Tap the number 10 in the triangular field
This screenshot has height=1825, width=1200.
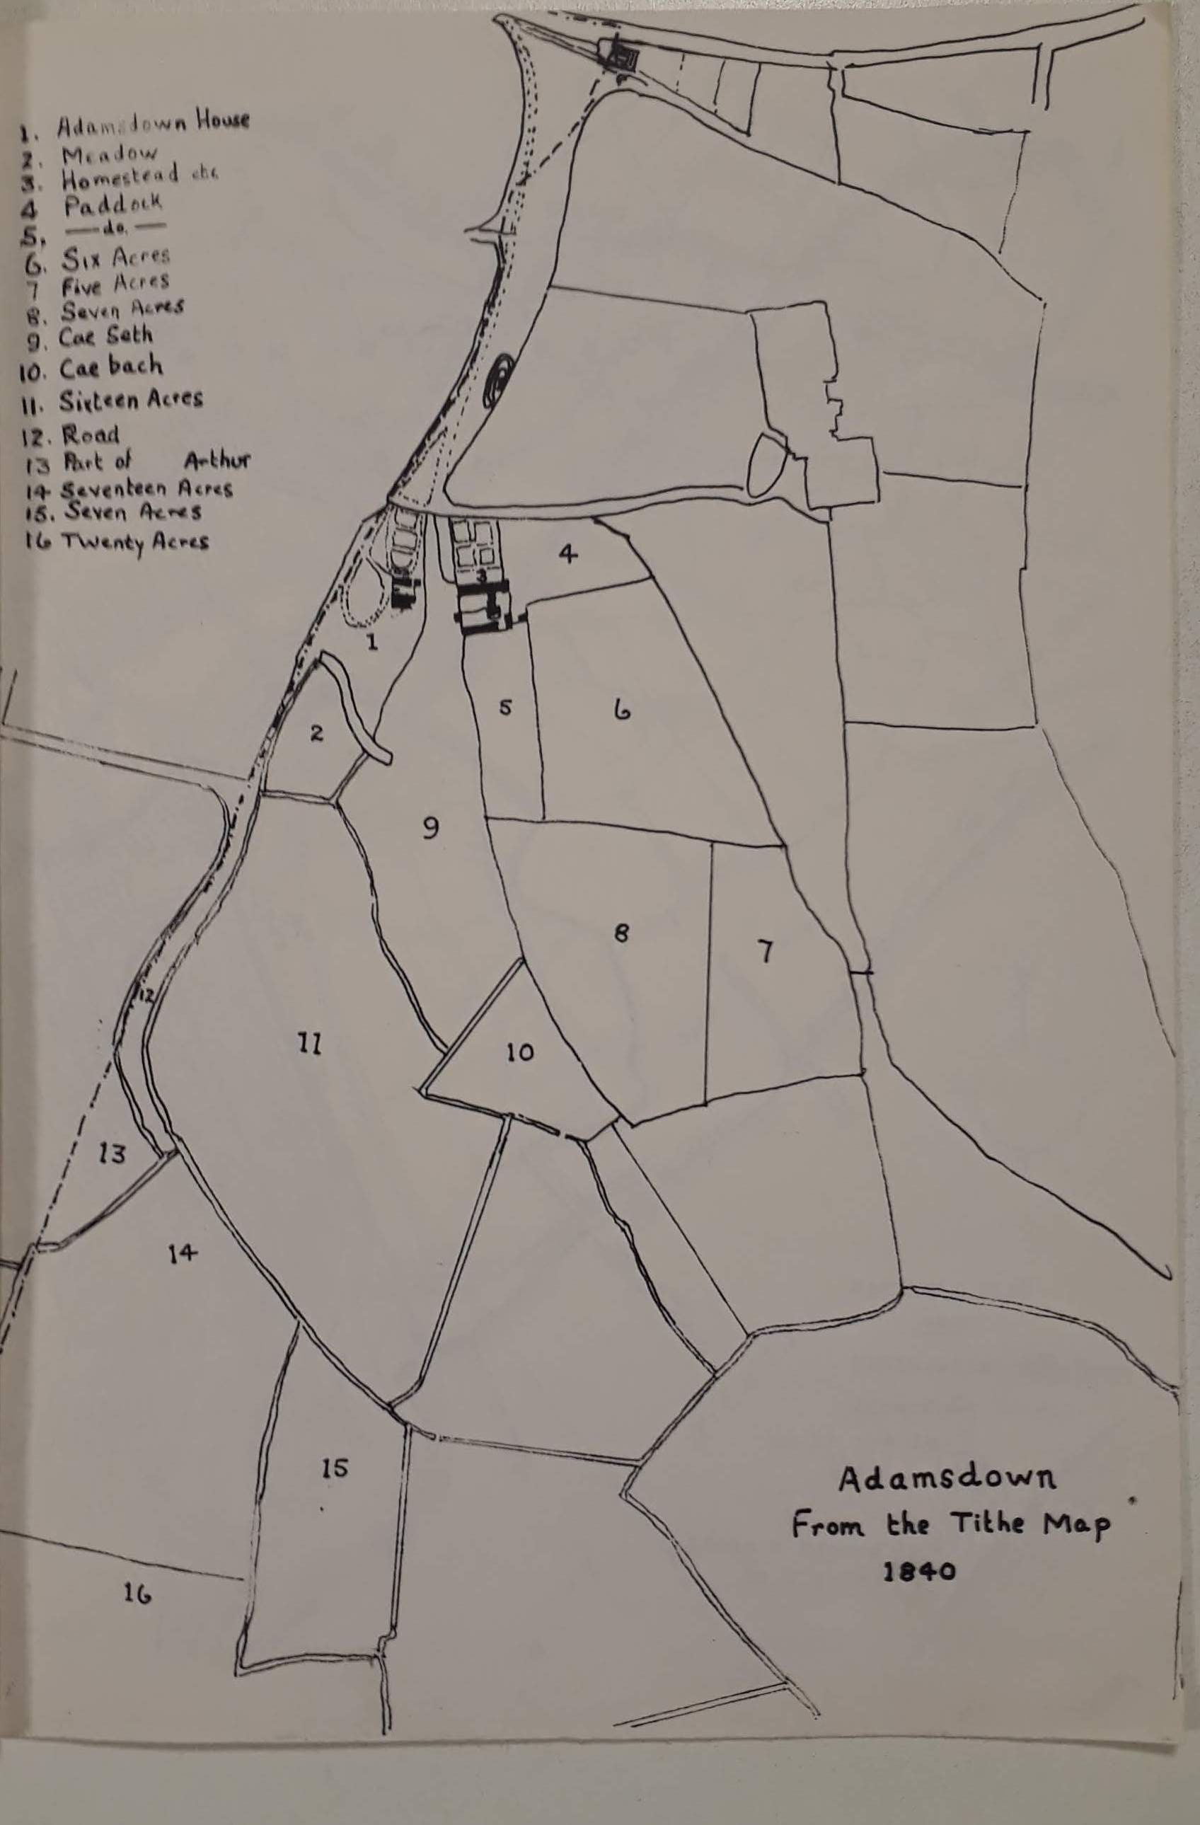[x=519, y=1052]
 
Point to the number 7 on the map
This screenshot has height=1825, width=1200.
[x=764, y=953]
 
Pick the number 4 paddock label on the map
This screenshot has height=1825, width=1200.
[x=567, y=553]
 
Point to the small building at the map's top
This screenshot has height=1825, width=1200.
[x=625, y=55]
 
